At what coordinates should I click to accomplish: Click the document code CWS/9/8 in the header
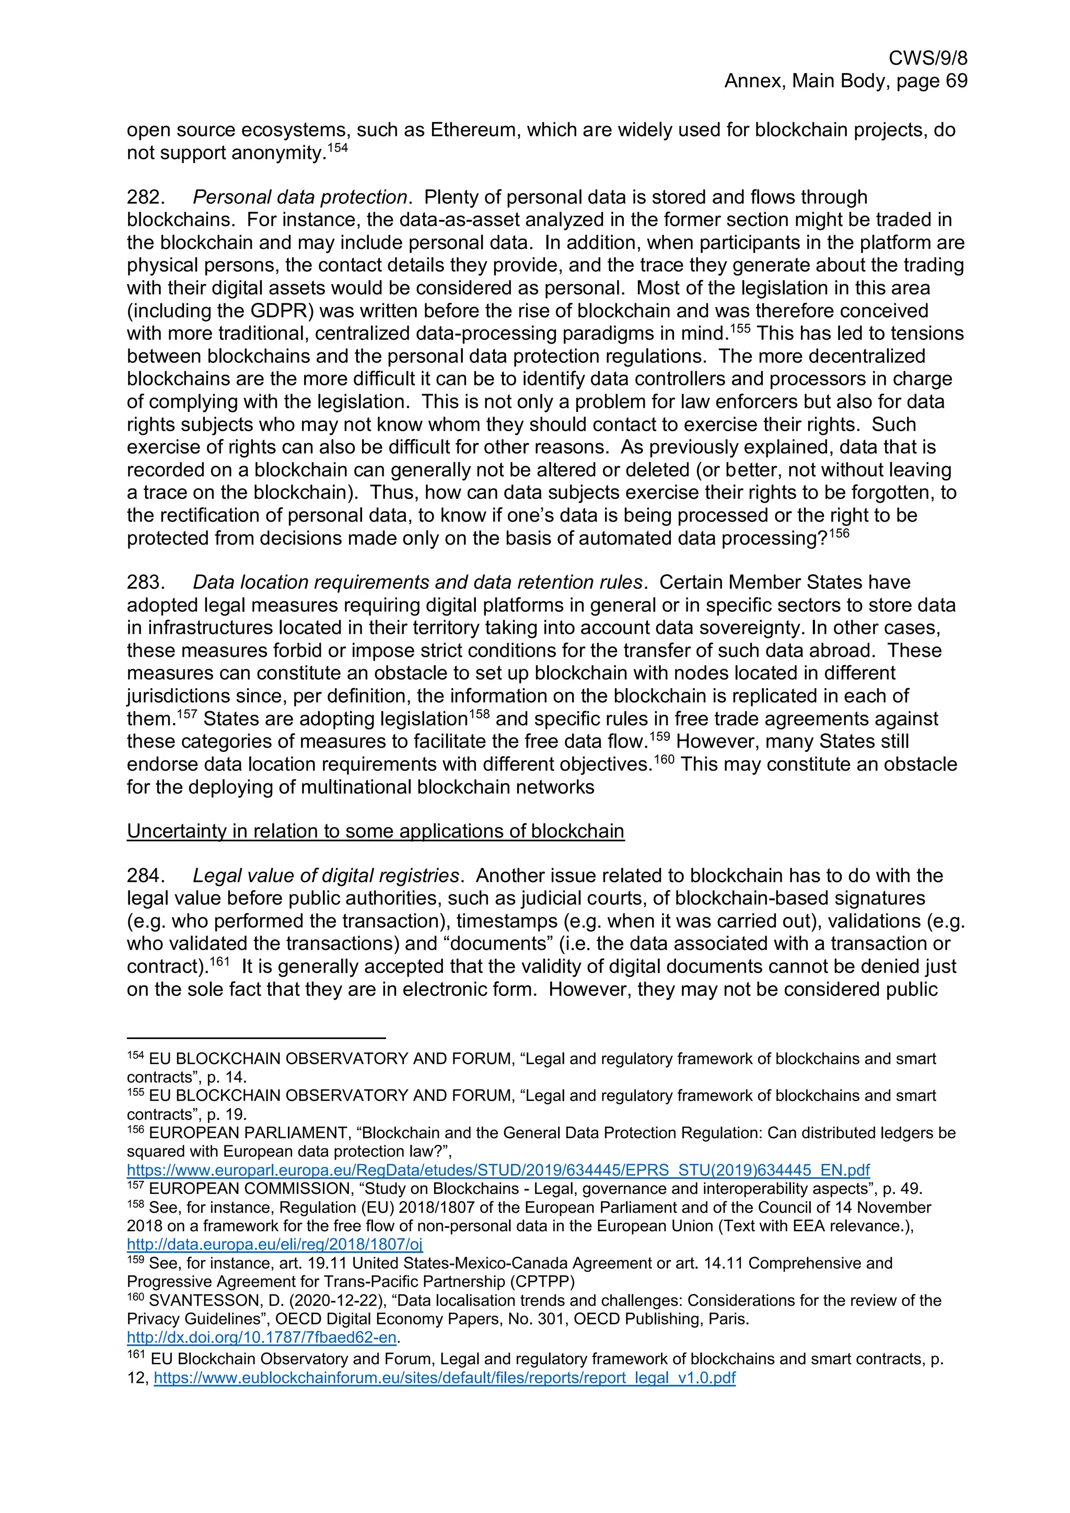927,58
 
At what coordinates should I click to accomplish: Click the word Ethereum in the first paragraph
473,130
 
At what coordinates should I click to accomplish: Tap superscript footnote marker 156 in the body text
839,533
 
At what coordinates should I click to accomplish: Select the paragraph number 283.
145,582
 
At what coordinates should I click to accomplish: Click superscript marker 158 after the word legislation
479,714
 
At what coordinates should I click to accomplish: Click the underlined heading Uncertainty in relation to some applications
375,831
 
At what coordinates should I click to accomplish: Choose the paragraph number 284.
145,875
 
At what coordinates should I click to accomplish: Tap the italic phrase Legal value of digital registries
325,875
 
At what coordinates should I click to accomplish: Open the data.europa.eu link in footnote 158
274,1244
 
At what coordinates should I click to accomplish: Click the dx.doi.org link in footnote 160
261,1337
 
